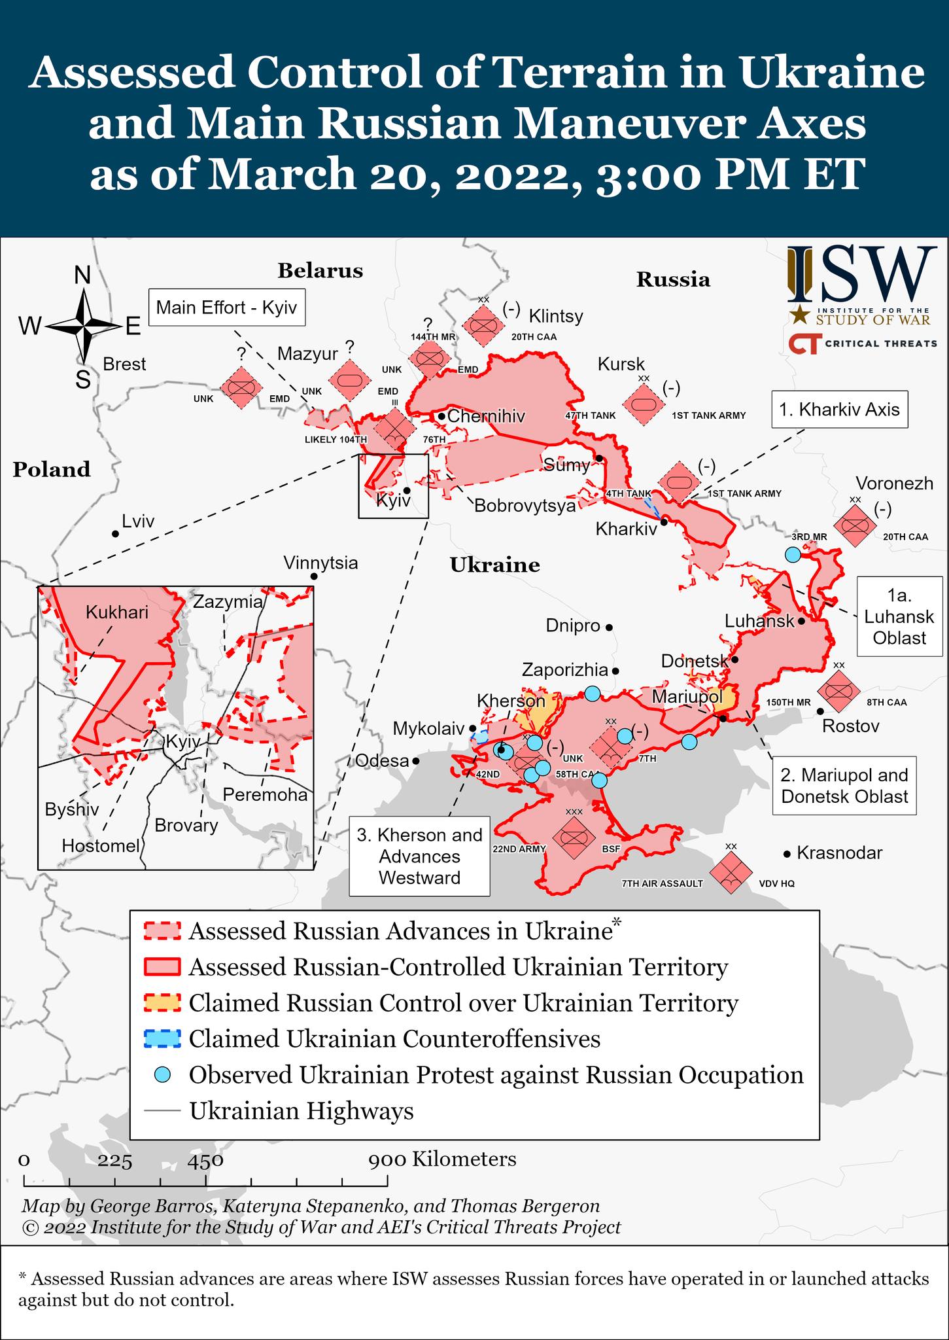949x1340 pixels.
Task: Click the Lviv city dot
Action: tap(116, 534)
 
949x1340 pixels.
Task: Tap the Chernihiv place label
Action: tap(486, 416)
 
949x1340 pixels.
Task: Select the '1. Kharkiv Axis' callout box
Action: tap(839, 410)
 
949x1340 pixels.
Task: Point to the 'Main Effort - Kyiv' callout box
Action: tap(226, 308)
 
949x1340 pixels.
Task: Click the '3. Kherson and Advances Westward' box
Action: tap(419, 856)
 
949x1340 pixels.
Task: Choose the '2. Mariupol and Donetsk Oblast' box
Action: tap(844, 785)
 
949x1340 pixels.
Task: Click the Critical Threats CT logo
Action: tap(804, 344)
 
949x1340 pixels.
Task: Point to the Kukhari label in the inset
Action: tap(117, 612)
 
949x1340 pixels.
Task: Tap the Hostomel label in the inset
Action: tap(101, 845)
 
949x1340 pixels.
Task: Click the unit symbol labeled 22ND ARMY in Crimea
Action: tap(573, 837)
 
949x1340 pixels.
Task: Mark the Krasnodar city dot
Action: tap(787, 854)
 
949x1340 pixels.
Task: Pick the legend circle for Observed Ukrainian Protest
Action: tap(162, 1074)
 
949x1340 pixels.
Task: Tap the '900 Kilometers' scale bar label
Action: tap(442, 1159)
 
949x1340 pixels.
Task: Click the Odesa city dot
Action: tap(415, 761)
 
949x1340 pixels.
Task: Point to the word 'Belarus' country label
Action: tap(320, 271)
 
